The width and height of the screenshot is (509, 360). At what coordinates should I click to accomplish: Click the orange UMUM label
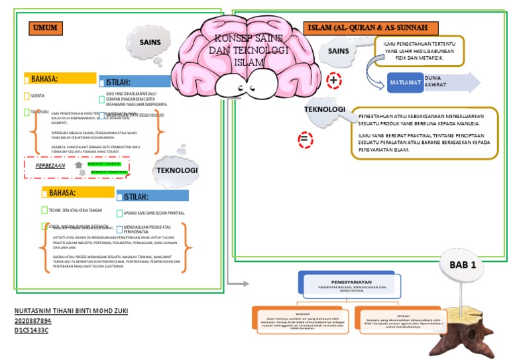tap(46, 28)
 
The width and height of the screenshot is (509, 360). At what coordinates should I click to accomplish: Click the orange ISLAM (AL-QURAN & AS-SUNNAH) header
tap(371, 28)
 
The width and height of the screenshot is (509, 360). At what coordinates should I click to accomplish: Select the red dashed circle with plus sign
tap(335, 80)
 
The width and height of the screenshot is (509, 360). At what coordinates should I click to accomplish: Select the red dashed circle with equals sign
tap(305, 140)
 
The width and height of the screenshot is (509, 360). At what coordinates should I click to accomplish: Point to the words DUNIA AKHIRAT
tap(440, 82)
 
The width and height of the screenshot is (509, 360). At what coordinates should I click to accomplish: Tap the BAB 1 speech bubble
tap(464, 265)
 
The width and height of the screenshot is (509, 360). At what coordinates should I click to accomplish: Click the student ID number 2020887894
tap(33, 320)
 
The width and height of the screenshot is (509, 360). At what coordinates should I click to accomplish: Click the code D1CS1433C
tap(31, 330)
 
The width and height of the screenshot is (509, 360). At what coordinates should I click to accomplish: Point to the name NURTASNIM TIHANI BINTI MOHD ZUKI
tap(71, 311)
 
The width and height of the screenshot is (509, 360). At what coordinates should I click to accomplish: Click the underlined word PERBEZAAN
tap(50, 166)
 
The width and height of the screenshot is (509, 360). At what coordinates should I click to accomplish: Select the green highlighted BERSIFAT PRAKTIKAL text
tap(109, 172)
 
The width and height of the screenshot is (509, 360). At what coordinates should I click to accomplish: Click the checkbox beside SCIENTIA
tap(26, 96)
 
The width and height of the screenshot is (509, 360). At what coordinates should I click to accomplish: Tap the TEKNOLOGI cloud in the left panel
tap(177, 170)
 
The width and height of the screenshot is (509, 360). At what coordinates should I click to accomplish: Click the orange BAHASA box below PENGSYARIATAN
tap(302, 321)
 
